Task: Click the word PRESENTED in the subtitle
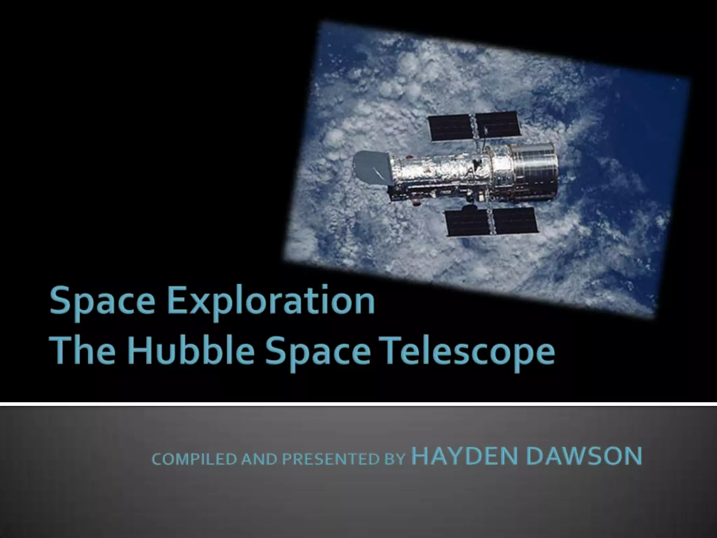tap(331, 459)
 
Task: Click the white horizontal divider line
tap(358, 404)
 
